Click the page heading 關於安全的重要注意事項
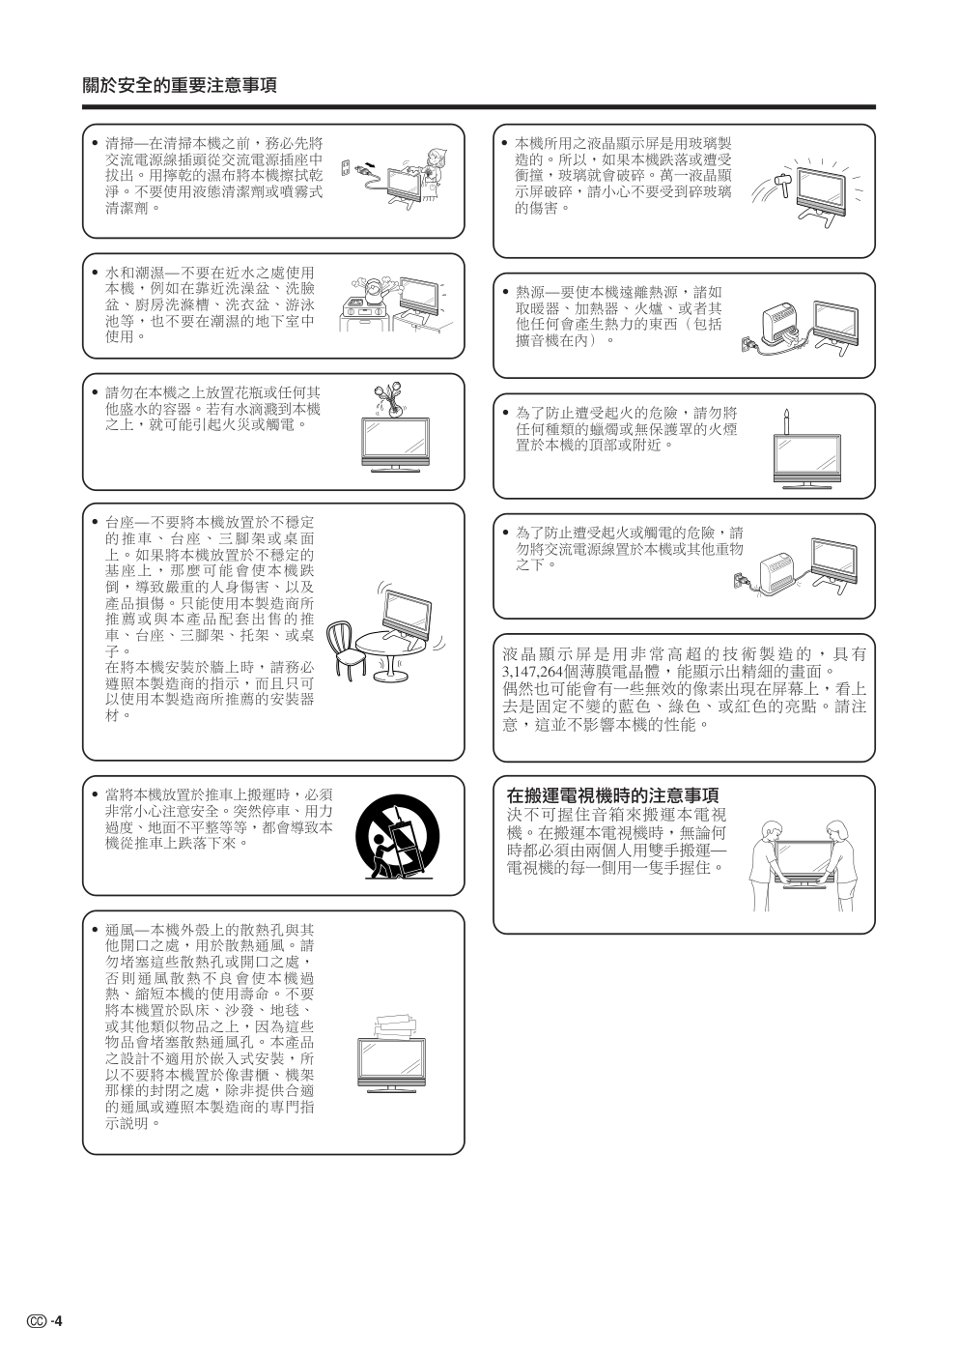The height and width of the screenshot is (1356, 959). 179,85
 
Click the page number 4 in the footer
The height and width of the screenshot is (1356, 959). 59,1321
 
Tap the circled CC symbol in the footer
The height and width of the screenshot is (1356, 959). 37,1321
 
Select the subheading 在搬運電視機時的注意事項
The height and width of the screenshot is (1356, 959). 613,795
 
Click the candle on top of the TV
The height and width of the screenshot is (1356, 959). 786,422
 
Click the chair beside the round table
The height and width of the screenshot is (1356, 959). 346,649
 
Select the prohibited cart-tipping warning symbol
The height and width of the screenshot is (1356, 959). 397,838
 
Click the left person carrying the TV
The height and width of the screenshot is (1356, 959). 766,866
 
